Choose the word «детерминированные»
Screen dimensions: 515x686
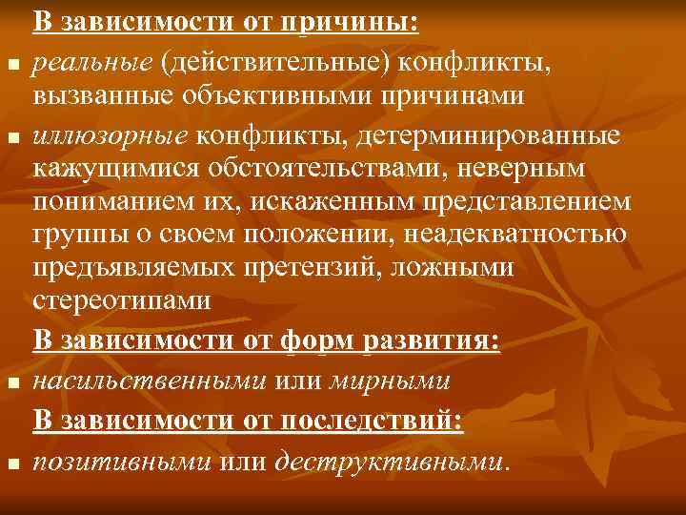point(489,137)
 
